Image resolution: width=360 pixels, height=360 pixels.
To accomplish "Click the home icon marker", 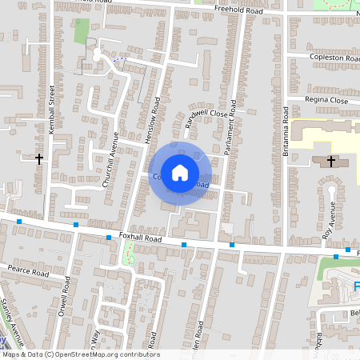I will [x=180, y=171].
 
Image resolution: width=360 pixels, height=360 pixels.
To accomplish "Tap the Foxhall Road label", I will [x=141, y=238].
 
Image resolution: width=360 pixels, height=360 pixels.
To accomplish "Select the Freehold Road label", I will [x=239, y=10].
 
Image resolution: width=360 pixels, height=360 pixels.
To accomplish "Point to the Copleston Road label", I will [x=334, y=58].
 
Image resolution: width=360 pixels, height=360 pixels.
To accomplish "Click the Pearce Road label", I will [x=26, y=273].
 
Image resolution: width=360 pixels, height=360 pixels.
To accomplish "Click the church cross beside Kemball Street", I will [x=38, y=159].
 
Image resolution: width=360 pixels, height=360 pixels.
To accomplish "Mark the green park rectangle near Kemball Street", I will [x=82, y=30].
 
